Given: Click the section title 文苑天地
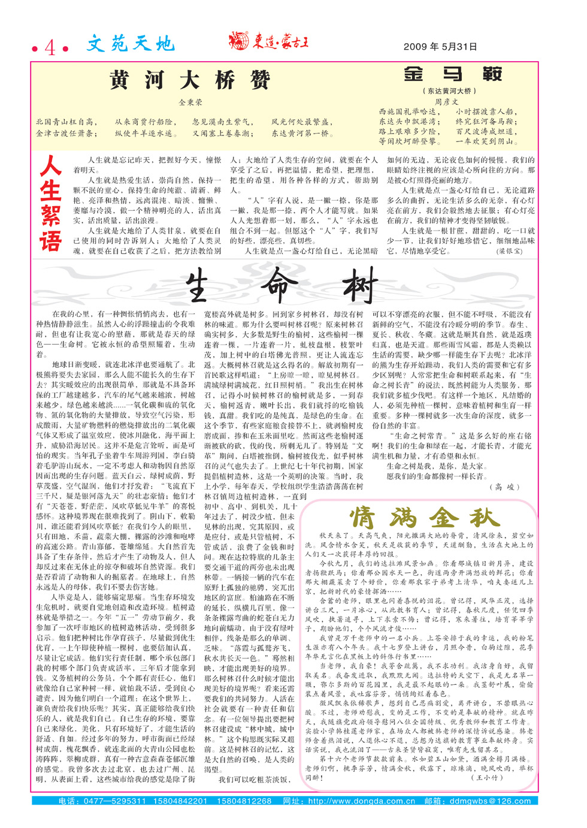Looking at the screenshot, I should click(x=130, y=44).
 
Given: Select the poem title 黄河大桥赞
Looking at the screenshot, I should click(x=190, y=80).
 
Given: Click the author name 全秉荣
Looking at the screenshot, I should click(x=190, y=102).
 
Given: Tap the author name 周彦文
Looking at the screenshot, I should click(x=446, y=102).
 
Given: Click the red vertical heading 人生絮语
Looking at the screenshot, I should click(x=51, y=204).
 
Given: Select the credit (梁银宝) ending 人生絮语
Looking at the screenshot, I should click(x=510, y=251).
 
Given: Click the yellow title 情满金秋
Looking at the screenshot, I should click(x=423, y=516).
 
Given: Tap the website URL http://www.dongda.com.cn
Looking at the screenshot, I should click(x=361, y=801).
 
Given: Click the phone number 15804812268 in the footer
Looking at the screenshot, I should click(x=244, y=801).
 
